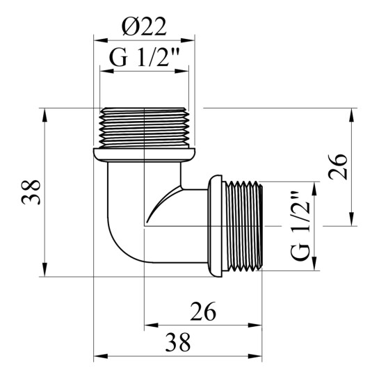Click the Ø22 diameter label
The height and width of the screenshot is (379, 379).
pyautogui.click(x=144, y=26)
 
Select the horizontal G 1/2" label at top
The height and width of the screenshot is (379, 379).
pyautogui.click(x=145, y=58)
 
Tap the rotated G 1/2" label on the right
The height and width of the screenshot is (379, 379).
pyautogui.click(x=300, y=226)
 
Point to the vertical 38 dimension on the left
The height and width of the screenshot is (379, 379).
pyautogui.click(x=31, y=192)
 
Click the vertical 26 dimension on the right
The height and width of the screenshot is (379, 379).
pyautogui.click(x=338, y=167)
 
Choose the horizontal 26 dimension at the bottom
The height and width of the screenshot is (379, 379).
pyautogui.click(x=203, y=312)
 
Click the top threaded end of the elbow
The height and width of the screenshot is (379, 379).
pyautogui.click(x=145, y=128)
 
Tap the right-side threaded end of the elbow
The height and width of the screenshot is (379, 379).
pyautogui.click(x=243, y=226)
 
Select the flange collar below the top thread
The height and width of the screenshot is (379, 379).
pyautogui.click(x=145, y=155)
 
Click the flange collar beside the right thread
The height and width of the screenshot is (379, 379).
pyautogui.click(x=215, y=226)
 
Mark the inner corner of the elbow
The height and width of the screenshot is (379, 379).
pyautogui.click(x=182, y=188)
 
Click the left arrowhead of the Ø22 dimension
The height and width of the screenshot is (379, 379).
pyautogui.click(x=101, y=40)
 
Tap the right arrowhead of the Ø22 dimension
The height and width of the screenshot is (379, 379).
pyautogui.click(x=188, y=40)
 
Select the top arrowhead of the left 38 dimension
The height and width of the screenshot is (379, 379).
pyautogui.click(x=45, y=115)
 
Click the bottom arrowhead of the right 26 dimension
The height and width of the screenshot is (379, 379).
pyautogui.click(x=352, y=219)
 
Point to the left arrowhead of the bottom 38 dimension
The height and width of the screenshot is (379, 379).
pyautogui.click(x=101, y=356)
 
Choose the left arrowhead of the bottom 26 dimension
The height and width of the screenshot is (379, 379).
pyautogui.click(x=152, y=325)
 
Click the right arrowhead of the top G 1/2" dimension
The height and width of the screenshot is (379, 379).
pyautogui.click(x=182, y=71)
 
